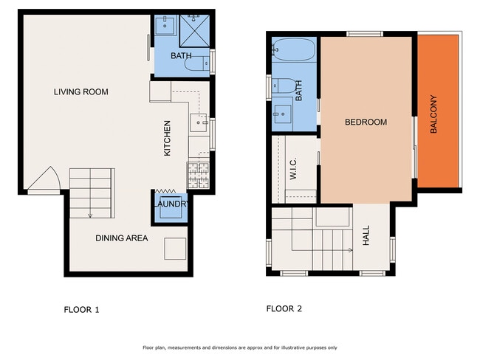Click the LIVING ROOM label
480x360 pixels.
tap(80, 92)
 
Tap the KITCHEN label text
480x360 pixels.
tap(168, 138)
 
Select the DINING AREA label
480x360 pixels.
tap(121, 238)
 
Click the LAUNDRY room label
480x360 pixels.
tap(171, 204)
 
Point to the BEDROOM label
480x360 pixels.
tap(366, 122)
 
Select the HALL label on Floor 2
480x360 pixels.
tap(366, 236)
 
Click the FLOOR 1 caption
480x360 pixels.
tap(80, 310)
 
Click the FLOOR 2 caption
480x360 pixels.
tap(284, 309)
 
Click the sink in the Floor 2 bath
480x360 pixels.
tap(282, 113)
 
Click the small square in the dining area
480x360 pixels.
tap(174, 249)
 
